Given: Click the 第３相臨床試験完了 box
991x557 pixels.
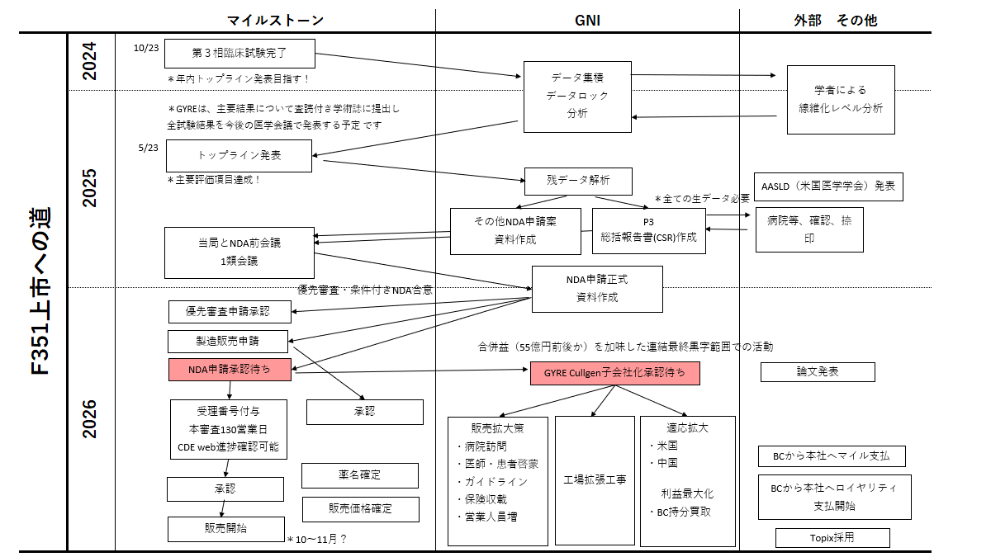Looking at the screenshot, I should tap(239, 53).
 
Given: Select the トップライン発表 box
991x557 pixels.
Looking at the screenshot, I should tap(239, 155).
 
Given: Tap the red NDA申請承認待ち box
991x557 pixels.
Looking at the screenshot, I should tap(230, 370).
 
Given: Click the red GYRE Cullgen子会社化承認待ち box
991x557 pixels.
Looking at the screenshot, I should tap(614, 373).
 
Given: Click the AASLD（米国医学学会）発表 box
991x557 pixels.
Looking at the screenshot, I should tap(828, 186).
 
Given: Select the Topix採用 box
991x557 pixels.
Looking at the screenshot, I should tap(832, 538).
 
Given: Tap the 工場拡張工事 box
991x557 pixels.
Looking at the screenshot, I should tap(595, 479).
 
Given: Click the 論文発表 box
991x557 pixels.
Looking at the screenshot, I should tap(818, 372).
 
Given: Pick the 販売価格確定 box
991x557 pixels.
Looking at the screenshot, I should tap(361, 508).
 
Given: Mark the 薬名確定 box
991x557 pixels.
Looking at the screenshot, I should tap(359, 475).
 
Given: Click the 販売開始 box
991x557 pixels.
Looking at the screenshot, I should tap(226, 529).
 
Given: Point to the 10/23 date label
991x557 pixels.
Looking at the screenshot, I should tap(145, 48).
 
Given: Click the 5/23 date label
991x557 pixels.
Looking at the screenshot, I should tap(149, 148).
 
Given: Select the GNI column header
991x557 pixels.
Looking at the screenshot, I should tap(587, 21).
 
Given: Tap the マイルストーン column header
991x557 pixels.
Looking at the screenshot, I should tap(275, 21).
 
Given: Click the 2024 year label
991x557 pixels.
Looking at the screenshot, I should tap(90, 60).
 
